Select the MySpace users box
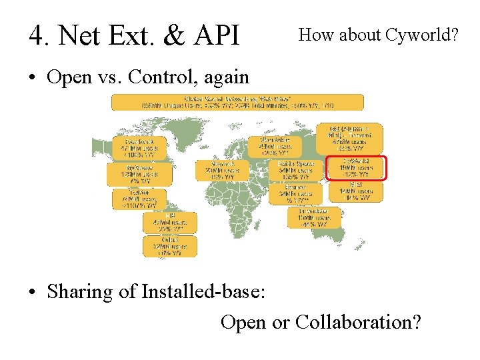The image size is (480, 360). click(139, 174)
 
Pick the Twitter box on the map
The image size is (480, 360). click(139, 198)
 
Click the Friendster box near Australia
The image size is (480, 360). click(314, 217)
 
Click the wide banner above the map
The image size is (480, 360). click(237, 101)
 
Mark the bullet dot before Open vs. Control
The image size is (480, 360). click(32, 78)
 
